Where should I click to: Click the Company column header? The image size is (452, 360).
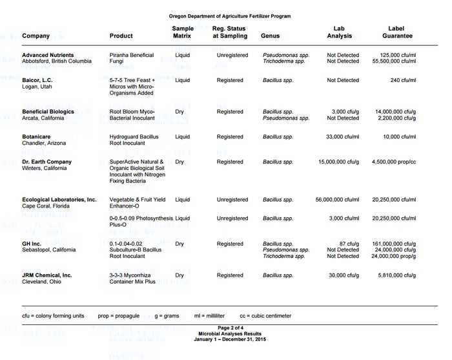[x=36, y=36]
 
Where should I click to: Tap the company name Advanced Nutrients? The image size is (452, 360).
[x=48, y=56]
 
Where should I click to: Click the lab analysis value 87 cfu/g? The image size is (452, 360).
[x=349, y=244]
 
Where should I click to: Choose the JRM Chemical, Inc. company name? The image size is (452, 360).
[x=47, y=275]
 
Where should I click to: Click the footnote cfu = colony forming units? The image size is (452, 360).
[x=53, y=316]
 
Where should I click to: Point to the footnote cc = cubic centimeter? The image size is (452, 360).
[x=265, y=316]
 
